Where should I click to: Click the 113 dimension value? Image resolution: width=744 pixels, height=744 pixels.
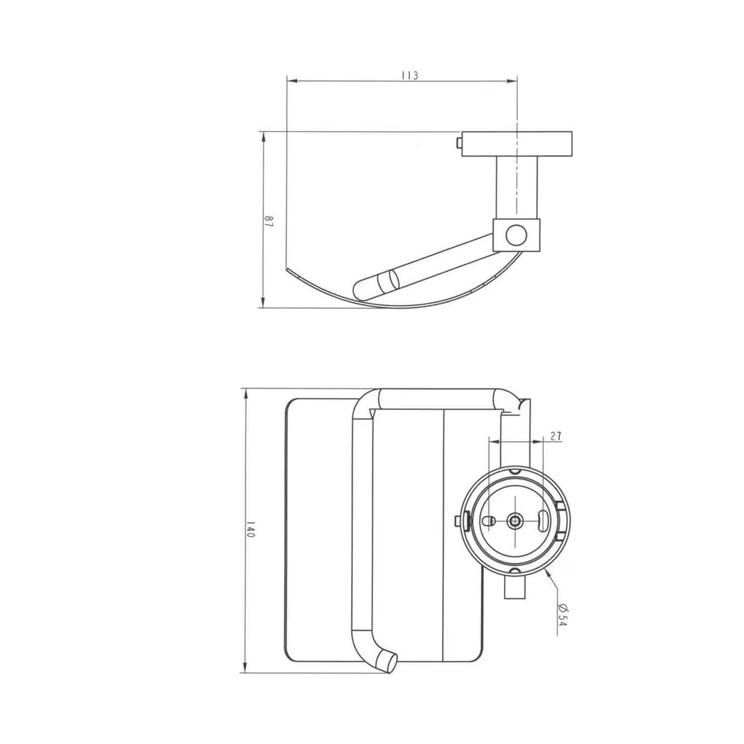point(409,75)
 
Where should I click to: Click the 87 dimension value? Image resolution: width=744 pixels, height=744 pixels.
point(268,222)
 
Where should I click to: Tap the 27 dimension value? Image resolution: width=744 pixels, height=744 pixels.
point(556,436)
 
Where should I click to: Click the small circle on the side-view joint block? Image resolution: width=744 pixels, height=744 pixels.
point(516,235)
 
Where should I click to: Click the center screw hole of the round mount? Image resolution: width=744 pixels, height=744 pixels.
point(515,521)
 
